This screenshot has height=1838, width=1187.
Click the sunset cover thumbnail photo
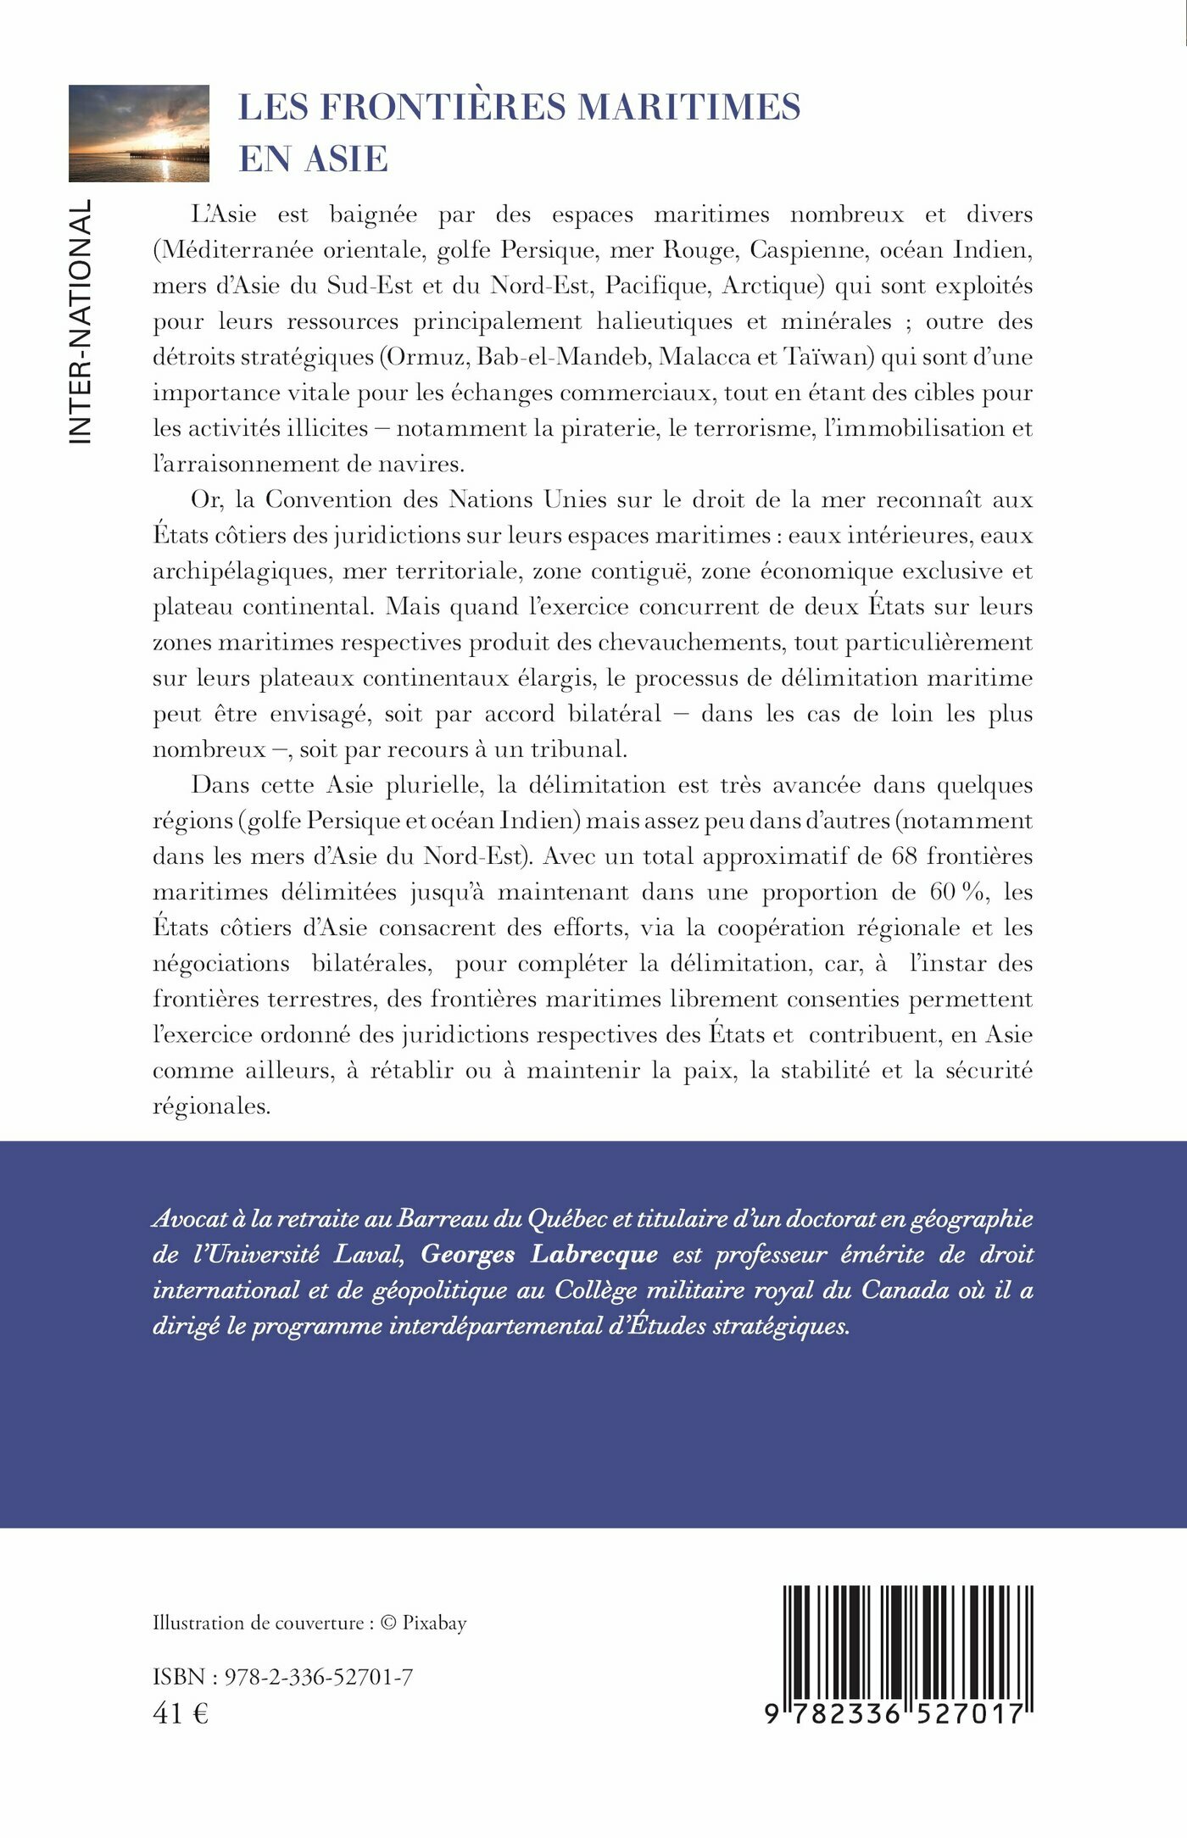click(x=139, y=133)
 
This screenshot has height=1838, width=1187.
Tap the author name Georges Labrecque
click(x=539, y=1255)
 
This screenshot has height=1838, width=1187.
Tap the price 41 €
click(x=181, y=1713)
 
